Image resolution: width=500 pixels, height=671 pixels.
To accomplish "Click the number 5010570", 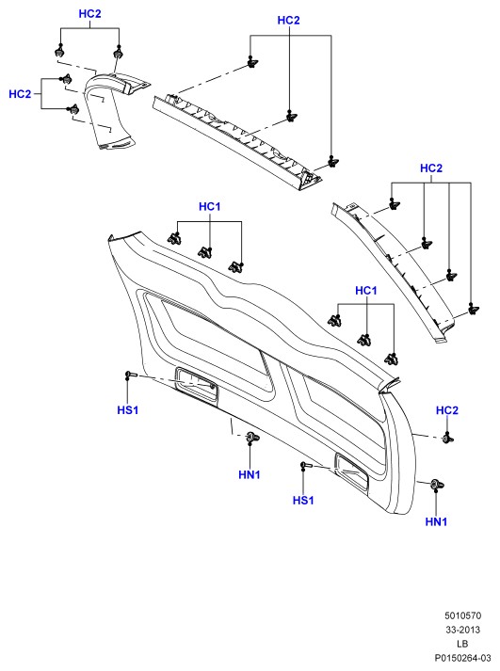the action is click(462, 615).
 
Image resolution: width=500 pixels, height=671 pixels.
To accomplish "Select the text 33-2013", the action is click(462, 630).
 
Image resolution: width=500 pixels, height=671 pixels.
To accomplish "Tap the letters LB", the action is click(462, 644).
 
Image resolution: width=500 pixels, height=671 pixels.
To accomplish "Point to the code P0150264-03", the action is click(462, 658).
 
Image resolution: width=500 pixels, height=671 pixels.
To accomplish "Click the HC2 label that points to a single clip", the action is click(447, 410).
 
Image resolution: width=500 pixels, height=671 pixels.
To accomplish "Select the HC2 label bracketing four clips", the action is click(431, 168).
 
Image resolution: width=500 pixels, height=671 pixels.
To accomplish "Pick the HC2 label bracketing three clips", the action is click(288, 20).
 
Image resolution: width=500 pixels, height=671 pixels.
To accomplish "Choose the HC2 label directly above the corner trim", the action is click(89, 14).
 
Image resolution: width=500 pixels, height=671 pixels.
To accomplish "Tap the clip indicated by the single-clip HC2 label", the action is click(448, 439).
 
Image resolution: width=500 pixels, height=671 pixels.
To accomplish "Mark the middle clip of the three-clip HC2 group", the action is click(292, 116).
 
